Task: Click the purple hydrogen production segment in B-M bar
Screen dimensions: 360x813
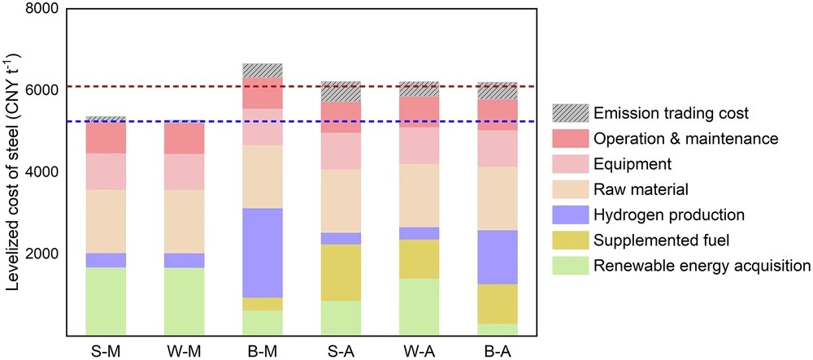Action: tap(263, 253)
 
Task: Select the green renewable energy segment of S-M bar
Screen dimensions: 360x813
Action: tap(107, 301)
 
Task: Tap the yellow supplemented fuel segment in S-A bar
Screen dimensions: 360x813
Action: tap(341, 272)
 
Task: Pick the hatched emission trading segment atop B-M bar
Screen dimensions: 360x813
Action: tap(263, 71)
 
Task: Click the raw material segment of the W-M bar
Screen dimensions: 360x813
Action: tap(185, 221)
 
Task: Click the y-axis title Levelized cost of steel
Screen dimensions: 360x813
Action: tap(11, 171)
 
